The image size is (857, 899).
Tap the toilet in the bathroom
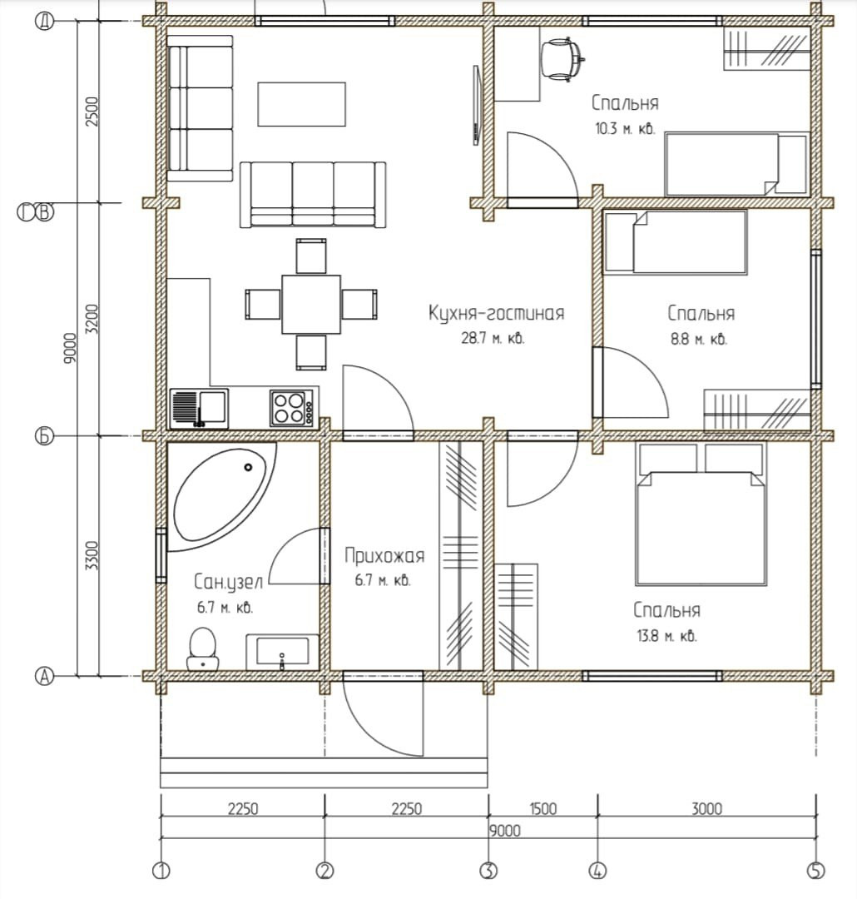coord(202,649)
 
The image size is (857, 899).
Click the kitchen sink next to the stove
coord(199,408)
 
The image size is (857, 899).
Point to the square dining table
coord(311,304)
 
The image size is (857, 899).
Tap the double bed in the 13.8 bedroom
coord(701,514)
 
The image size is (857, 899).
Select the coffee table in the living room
coord(301,104)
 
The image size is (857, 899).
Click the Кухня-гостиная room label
coord(497,313)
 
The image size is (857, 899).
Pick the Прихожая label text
coord(384,555)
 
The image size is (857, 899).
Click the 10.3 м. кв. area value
coord(625,128)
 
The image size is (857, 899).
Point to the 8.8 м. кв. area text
coord(699,339)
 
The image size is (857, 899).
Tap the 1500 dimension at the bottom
coord(542,808)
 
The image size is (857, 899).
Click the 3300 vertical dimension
coord(92,555)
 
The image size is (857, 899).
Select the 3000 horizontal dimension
coord(706,808)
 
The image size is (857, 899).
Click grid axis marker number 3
coord(488,871)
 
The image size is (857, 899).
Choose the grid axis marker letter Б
coord(45,436)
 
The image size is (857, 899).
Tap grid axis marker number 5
coord(815,871)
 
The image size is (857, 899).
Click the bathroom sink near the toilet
coord(282,652)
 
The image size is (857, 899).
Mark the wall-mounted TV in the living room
coord(476,105)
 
